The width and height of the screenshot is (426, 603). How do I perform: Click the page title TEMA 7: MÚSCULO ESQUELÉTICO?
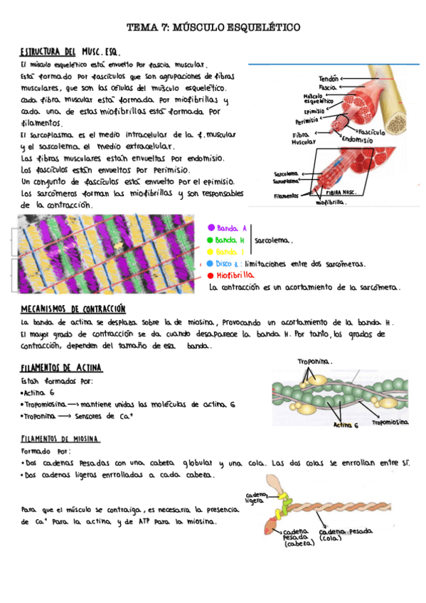(213, 27)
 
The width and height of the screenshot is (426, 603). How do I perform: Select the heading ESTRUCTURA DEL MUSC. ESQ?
(70, 53)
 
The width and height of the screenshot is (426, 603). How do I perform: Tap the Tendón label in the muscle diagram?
(328, 78)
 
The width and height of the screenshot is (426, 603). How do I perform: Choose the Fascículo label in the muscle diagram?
(371, 132)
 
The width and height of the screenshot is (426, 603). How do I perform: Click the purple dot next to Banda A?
(211, 228)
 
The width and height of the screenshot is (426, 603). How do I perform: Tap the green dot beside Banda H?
(211, 240)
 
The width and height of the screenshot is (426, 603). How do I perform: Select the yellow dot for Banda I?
(211, 252)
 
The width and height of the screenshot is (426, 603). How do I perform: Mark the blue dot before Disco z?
(211, 263)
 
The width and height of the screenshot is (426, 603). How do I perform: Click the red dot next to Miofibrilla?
(211, 274)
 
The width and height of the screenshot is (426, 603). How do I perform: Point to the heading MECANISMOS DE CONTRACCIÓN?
(73, 310)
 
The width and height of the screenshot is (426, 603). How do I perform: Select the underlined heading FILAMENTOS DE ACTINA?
(61, 368)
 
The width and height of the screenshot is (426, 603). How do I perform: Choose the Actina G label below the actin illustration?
(346, 426)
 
